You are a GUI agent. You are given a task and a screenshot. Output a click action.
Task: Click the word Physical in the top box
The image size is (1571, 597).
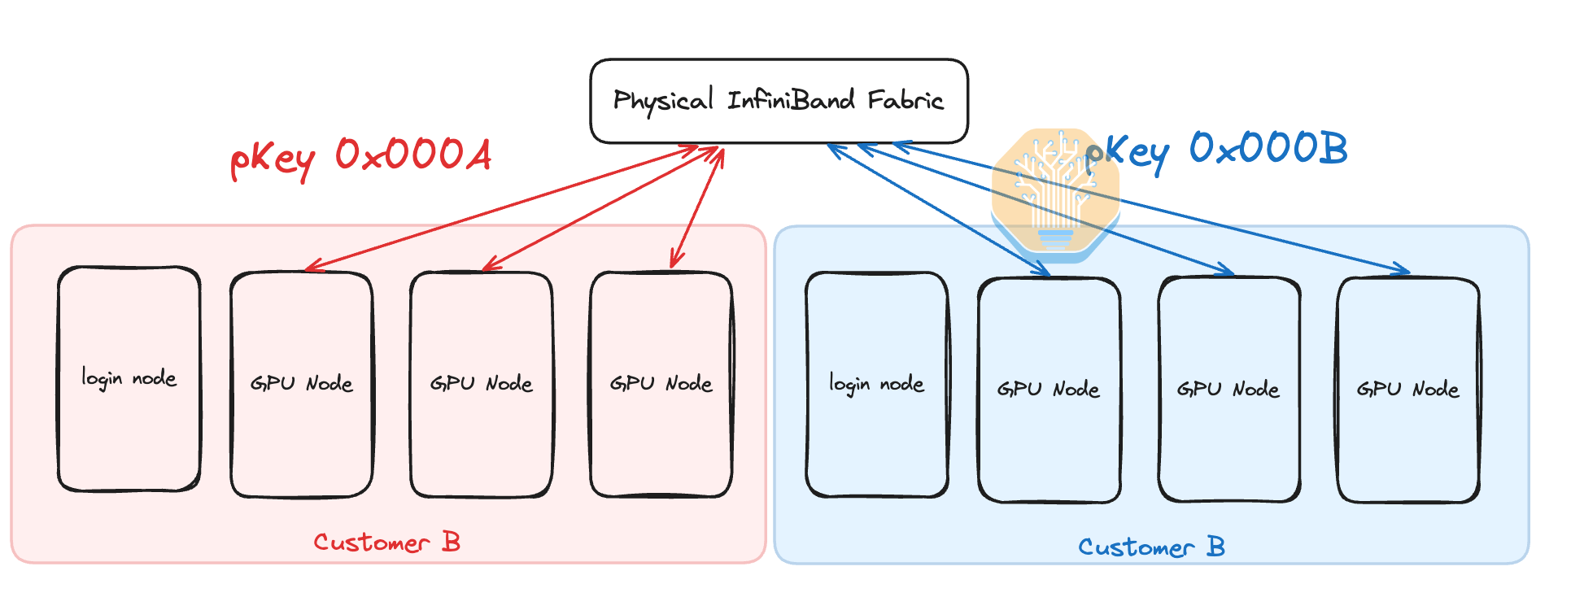[x=662, y=101]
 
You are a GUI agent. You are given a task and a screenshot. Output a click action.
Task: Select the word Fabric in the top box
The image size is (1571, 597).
[x=905, y=100]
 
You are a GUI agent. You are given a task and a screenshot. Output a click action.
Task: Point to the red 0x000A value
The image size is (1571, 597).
[x=413, y=154]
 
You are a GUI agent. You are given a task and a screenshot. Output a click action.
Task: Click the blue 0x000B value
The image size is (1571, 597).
[x=1268, y=148]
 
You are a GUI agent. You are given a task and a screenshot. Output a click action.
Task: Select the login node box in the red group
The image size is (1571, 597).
[x=129, y=379]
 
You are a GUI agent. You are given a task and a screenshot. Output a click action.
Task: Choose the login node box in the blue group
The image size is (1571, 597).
[x=876, y=384]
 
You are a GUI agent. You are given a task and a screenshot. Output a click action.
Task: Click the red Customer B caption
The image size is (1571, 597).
[x=387, y=543]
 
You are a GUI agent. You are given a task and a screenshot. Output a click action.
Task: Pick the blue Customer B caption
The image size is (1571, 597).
[x=1151, y=547]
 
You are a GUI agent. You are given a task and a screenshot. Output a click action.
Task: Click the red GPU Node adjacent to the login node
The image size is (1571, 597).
[x=302, y=384]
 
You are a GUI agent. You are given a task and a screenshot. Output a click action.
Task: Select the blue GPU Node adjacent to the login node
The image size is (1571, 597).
[x=1049, y=390]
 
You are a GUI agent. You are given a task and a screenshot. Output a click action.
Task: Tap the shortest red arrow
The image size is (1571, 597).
[x=697, y=208]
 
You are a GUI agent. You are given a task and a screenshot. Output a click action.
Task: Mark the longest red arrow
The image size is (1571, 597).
[x=500, y=209]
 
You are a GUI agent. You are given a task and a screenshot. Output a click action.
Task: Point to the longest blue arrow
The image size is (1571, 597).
[x=1151, y=208]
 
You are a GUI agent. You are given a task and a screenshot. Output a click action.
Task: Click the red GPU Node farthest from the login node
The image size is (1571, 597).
[x=661, y=384]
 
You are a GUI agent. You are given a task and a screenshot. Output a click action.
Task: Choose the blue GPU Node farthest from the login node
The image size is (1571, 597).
[x=1407, y=390]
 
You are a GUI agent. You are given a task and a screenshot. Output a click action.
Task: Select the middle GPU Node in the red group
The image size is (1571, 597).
[x=481, y=384]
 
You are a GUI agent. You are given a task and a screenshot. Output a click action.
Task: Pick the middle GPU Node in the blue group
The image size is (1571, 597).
[x=1228, y=390]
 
